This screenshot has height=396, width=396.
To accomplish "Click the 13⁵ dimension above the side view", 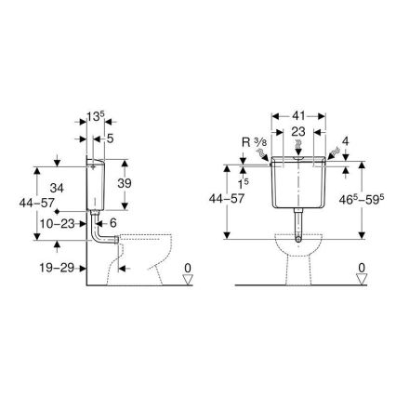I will tap(95, 120).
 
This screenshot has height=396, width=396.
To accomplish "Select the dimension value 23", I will tap(297, 134).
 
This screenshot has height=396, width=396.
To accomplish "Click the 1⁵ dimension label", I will tap(243, 174).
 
